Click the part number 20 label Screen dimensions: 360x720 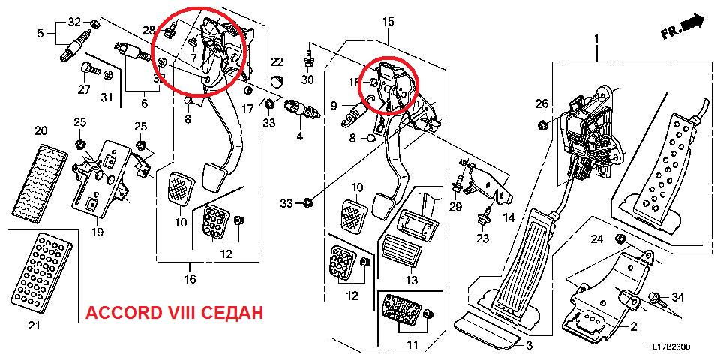(x=40, y=130)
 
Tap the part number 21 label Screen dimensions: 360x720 (x=33, y=325)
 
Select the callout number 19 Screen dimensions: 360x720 (x=97, y=232)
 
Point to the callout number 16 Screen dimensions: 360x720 (x=189, y=280)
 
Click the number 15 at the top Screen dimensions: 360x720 (x=388, y=22)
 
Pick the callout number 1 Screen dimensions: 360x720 (x=597, y=37)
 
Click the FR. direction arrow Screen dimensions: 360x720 (x=683, y=28)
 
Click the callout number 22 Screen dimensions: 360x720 (x=277, y=61)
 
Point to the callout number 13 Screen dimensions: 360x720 (x=411, y=280)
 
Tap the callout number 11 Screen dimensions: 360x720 (x=411, y=344)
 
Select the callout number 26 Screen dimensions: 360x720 (x=542, y=103)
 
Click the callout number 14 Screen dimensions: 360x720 (x=509, y=217)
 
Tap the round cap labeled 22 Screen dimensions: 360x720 (x=277, y=78)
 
